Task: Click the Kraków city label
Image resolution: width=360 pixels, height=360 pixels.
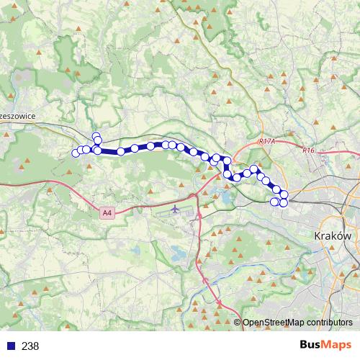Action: point(332,235)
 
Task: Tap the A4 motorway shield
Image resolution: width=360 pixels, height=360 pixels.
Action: point(107,212)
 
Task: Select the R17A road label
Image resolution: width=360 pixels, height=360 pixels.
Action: point(266,143)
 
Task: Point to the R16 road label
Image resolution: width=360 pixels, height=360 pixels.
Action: point(309,150)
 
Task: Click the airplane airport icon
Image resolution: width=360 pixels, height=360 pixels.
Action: point(177,210)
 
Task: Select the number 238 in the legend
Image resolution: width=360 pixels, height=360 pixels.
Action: point(30,346)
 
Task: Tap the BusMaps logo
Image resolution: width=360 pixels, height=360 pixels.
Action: point(325,345)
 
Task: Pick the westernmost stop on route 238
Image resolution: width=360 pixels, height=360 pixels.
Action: point(75,152)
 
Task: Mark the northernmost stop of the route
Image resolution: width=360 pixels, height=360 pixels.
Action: point(96,135)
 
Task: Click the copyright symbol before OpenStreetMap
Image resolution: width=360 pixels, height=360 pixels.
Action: point(238,323)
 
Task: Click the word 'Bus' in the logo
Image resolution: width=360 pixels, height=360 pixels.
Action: point(310,345)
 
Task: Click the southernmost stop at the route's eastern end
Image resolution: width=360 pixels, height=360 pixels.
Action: point(283,203)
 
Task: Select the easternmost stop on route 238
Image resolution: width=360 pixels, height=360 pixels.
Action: point(284,194)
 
